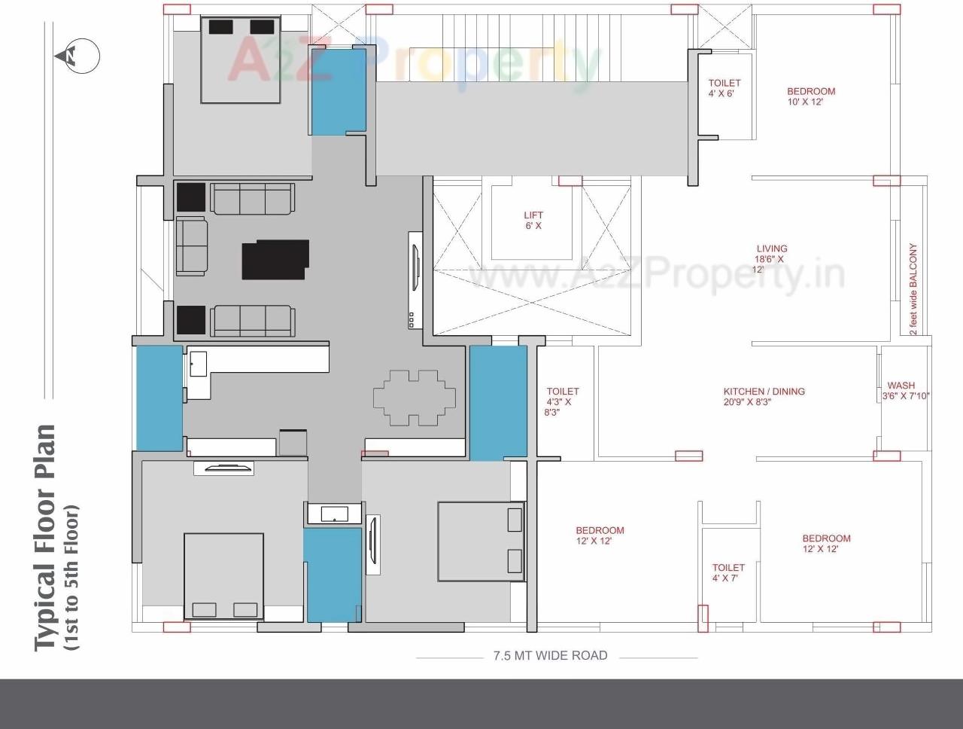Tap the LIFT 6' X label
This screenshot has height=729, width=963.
point(533,221)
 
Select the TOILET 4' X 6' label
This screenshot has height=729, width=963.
point(724,88)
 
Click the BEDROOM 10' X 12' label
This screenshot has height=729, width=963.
point(811,96)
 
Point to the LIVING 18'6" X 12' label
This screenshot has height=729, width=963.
point(771,258)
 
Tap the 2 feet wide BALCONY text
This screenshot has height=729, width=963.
point(913,289)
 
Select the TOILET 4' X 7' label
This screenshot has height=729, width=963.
point(728,572)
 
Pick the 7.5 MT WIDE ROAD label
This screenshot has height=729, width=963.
point(550,656)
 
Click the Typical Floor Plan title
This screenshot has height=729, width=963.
point(47,537)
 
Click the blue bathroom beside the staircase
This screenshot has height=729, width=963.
point(339,90)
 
